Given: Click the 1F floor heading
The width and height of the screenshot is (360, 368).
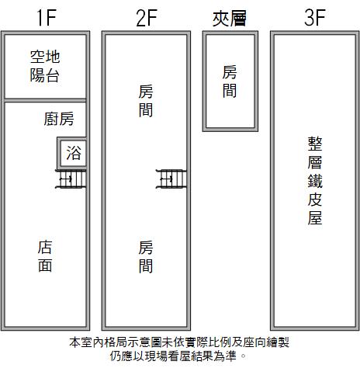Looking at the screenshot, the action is tap(47, 18).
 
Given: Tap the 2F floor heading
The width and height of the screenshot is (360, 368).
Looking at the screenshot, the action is tap(147, 18).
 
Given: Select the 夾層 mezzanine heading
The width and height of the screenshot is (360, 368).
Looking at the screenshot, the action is tap(230, 18).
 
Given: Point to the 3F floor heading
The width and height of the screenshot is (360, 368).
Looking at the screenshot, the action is tap(315, 17).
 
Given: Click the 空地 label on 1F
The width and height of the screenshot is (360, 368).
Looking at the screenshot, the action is tap(45, 57).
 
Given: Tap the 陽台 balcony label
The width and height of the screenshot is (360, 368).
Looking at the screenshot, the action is tap(45, 75).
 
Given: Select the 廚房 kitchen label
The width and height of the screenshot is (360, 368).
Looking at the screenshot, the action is tap(59, 119).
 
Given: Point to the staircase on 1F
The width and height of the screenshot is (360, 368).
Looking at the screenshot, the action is tap(71, 179).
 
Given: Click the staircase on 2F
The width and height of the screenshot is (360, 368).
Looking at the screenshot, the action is tap(171, 179).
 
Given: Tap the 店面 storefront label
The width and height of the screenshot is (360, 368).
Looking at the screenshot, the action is tap(45, 256).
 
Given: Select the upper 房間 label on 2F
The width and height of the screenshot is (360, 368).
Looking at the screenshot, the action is tap(146, 101).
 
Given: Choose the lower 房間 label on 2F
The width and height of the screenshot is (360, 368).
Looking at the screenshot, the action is tap(146, 256).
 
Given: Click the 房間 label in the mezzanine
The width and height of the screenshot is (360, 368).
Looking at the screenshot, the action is tap(230, 82).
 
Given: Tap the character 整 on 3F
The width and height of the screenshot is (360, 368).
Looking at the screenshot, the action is tap(315, 144).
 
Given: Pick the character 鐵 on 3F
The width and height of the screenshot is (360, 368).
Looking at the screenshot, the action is tap(315, 181).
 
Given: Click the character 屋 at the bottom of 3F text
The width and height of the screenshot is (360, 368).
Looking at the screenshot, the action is tap(315, 218).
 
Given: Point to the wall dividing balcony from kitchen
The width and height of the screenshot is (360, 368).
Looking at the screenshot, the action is tap(45, 100).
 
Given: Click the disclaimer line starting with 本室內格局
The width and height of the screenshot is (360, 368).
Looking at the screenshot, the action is tap(179, 342).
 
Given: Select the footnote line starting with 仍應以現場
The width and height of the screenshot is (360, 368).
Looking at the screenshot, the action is tap(178, 356).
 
